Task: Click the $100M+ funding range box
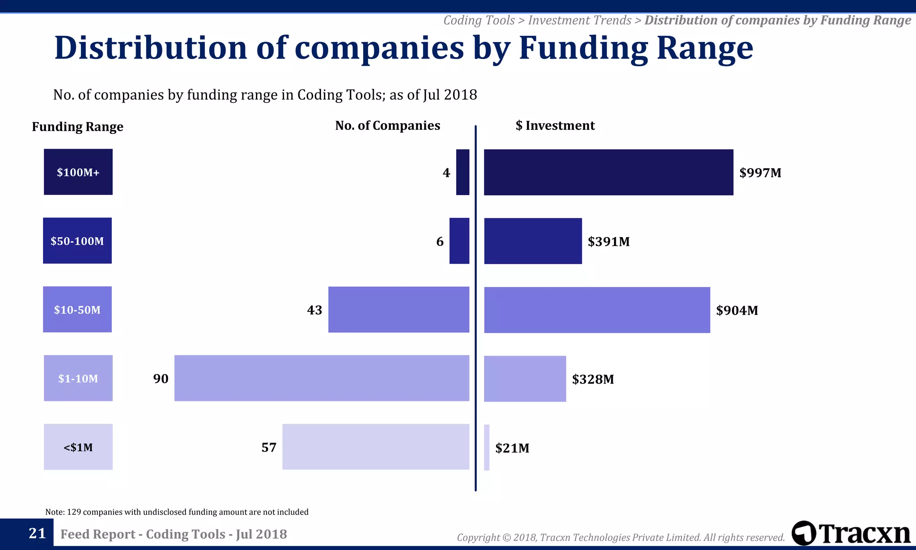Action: pos(78,172)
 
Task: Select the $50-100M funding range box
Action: pos(77,241)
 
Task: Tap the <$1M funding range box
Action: pos(78,447)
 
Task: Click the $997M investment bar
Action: pos(608,172)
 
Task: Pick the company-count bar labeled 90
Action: pos(322,378)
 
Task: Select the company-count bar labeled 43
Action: pos(399,310)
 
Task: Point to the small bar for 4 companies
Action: pos(462,172)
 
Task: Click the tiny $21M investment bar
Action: pos(487,448)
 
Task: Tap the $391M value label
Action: pos(608,242)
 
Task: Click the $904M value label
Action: pos(737,311)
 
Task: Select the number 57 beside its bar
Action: pos(269,448)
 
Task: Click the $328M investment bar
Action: pos(525,379)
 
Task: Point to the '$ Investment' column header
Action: pos(555,126)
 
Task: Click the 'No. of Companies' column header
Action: pos(387,126)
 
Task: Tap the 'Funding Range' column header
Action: pos(77,127)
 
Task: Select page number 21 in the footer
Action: pos(37,533)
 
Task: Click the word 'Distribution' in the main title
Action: pos(150,48)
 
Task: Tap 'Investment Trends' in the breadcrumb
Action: pos(579,21)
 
